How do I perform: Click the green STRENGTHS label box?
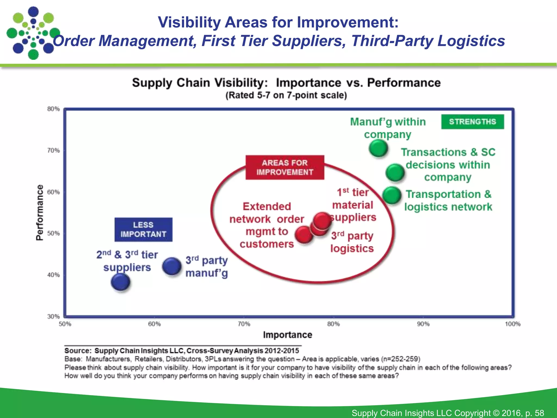(x=472, y=122)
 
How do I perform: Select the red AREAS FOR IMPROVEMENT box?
(x=285, y=167)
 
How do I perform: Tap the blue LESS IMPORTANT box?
(x=143, y=229)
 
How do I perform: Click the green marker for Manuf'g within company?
(x=378, y=148)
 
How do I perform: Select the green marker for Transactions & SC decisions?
(x=395, y=173)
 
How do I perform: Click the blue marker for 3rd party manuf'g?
(x=172, y=266)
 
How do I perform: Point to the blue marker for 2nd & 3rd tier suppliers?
(x=120, y=282)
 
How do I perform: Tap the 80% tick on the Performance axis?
(x=53, y=109)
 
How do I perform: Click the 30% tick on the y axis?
(x=53, y=316)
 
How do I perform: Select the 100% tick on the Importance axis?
(x=512, y=324)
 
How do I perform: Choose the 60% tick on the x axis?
(x=154, y=324)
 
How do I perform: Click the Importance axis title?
(x=287, y=335)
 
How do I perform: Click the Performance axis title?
(x=40, y=213)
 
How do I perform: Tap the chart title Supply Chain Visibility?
(x=286, y=83)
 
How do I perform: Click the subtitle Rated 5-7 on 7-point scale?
(x=286, y=96)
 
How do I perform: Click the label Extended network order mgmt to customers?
(x=267, y=225)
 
